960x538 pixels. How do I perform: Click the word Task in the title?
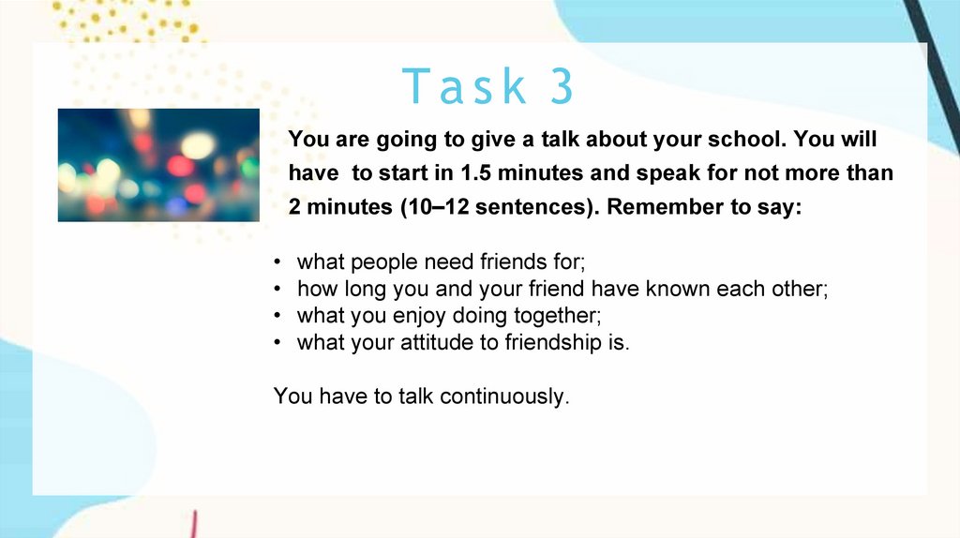[x=464, y=86]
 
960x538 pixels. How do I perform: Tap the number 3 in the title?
[x=562, y=86]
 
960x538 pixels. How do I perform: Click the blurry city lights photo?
[x=158, y=165]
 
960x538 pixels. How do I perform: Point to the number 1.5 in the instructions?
[x=475, y=173]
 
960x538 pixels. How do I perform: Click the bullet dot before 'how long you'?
[x=277, y=289]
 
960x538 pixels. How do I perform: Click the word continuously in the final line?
[x=504, y=396]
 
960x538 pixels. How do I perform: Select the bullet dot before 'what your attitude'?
[x=277, y=342]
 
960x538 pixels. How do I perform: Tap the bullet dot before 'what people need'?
[x=277, y=262]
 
